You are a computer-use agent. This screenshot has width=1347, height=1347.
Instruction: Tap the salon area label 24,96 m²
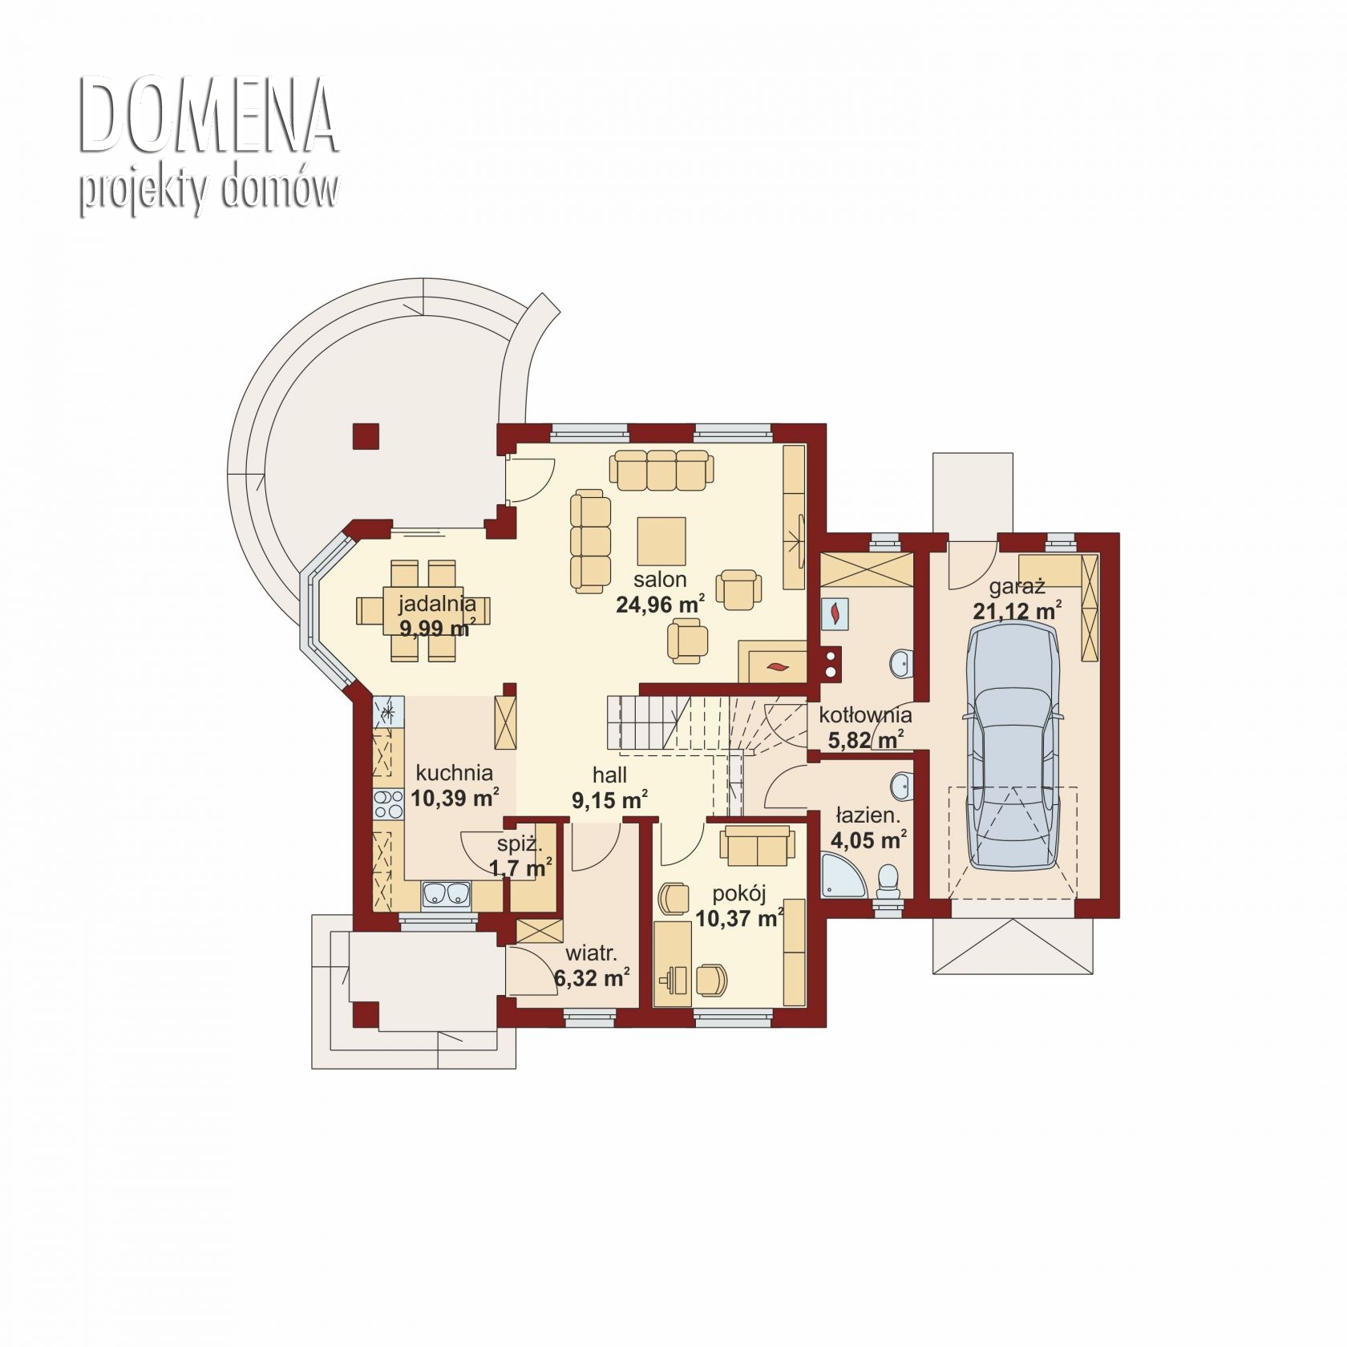pyautogui.click(x=661, y=605)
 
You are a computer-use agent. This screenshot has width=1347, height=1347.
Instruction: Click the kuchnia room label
pyautogui.click(x=454, y=773)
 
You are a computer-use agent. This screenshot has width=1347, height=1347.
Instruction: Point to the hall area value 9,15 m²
pyautogui.click(x=609, y=799)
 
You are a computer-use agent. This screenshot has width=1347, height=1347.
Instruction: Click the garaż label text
pyautogui.click(x=1017, y=587)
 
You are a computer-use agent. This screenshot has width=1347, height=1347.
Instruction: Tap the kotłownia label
pyautogui.click(x=865, y=714)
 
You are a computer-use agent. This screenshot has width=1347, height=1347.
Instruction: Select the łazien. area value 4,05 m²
pyautogui.click(x=869, y=840)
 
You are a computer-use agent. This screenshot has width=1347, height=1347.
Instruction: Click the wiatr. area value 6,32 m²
pyautogui.click(x=592, y=977)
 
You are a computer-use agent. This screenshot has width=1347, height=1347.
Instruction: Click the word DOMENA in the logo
pyautogui.click(x=208, y=116)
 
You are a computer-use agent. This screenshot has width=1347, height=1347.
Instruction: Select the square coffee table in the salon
pyautogui.click(x=661, y=541)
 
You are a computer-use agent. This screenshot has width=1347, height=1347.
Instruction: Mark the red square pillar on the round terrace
pyautogui.click(x=366, y=437)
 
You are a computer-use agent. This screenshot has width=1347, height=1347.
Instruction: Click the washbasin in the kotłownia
pyautogui.click(x=901, y=662)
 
